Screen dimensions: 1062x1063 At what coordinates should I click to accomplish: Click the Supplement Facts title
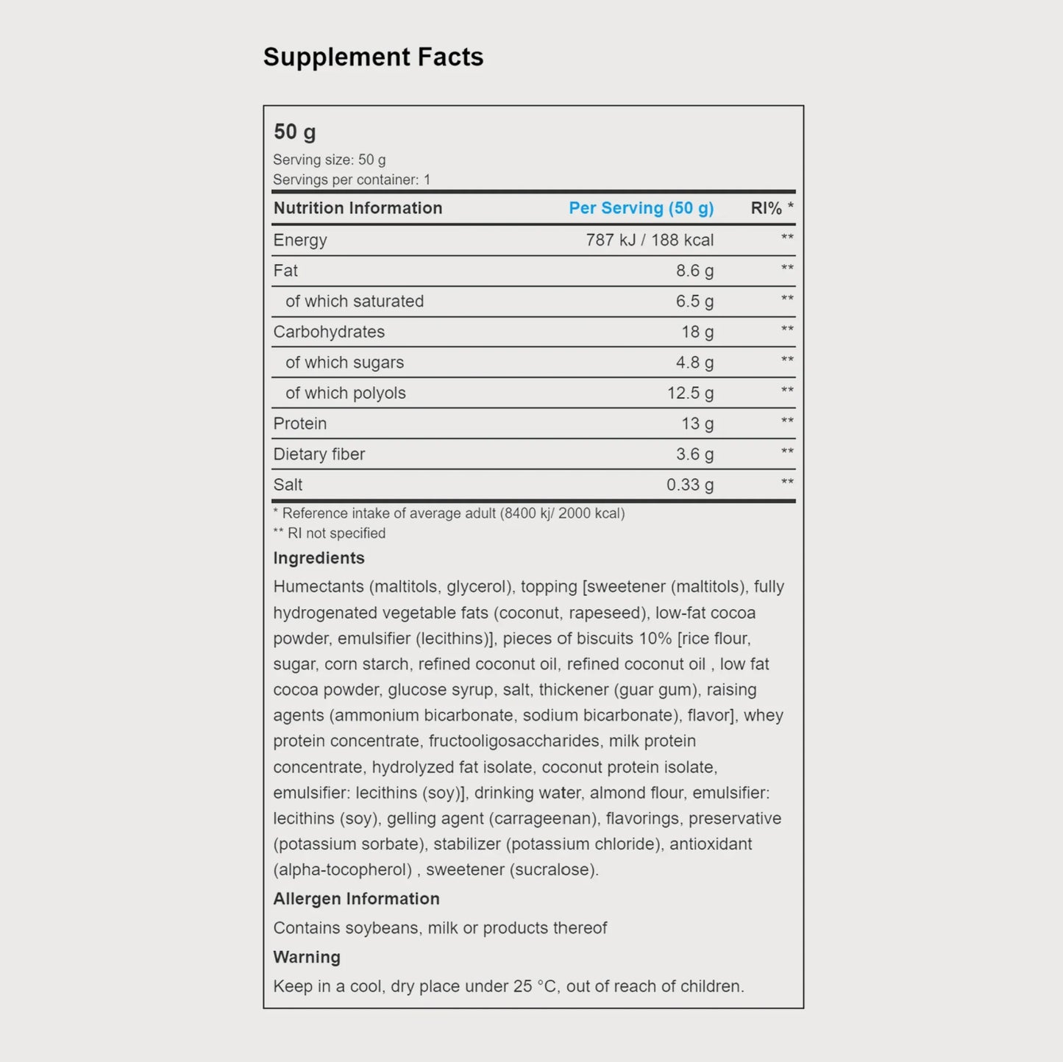(x=373, y=57)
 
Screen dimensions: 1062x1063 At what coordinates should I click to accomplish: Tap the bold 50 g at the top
(x=294, y=132)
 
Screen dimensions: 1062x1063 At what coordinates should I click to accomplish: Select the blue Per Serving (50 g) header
(x=641, y=208)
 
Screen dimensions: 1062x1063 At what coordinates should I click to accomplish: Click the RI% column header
(x=771, y=208)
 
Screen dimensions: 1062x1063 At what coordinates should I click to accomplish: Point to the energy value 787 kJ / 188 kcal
(x=650, y=240)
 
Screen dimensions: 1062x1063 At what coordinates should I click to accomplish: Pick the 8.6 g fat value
(x=694, y=271)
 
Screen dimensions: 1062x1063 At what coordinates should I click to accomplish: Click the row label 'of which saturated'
(x=355, y=302)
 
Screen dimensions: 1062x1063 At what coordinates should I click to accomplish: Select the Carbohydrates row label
(x=329, y=332)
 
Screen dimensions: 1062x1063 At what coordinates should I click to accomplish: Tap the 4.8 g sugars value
(x=694, y=363)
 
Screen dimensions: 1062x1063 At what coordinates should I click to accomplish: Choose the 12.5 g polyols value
(x=690, y=393)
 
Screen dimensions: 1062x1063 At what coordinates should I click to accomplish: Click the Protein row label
(x=300, y=424)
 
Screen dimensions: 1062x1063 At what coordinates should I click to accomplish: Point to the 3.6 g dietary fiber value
(x=694, y=455)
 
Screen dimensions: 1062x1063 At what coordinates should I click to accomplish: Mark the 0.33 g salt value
(x=690, y=485)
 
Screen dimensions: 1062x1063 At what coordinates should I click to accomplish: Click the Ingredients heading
(x=319, y=558)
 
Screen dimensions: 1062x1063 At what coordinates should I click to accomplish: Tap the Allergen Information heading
(x=356, y=899)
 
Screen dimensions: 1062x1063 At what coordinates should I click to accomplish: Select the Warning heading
(x=307, y=957)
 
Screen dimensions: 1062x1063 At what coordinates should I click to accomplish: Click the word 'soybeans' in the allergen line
(x=382, y=928)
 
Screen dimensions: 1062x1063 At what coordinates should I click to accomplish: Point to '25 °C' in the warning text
(x=535, y=986)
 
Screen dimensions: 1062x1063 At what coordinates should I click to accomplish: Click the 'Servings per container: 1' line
(x=352, y=179)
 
